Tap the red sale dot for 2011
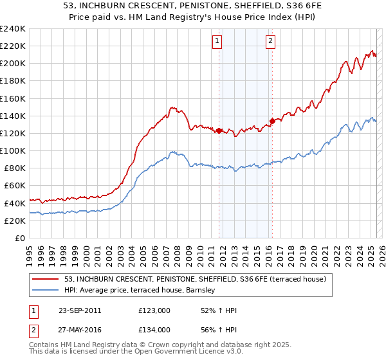219,131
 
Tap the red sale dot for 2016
272,120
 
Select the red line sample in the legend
46,279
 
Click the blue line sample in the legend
46,291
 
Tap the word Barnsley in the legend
207,291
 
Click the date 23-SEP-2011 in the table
79,310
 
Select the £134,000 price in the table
154,330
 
